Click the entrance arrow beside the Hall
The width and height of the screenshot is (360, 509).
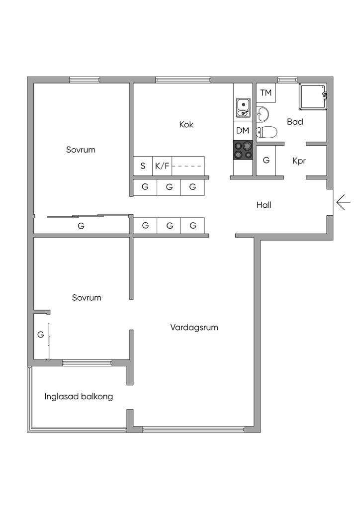(x=343, y=202)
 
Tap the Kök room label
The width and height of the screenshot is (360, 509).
(x=186, y=125)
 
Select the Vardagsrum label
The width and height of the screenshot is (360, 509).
(x=194, y=328)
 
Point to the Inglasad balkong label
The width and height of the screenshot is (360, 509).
(x=79, y=397)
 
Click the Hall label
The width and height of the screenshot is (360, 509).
(x=264, y=205)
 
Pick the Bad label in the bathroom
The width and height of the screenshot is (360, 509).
(x=295, y=122)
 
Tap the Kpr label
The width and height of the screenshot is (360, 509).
(x=299, y=161)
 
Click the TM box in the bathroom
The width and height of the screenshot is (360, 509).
(x=266, y=93)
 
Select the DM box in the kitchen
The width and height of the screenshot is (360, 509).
(x=243, y=131)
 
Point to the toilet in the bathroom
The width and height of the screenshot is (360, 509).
(x=267, y=132)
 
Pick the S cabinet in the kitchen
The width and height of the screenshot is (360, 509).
(x=143, y=166)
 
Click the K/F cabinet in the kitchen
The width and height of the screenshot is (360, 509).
(x=162, y=166)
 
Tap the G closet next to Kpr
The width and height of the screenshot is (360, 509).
(x=266, y=161)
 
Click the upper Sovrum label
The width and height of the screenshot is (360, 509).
(x=81, y=150)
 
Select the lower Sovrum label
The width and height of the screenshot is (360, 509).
(x=87, y=298)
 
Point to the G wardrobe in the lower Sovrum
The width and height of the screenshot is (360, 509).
(x=40, y=335)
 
